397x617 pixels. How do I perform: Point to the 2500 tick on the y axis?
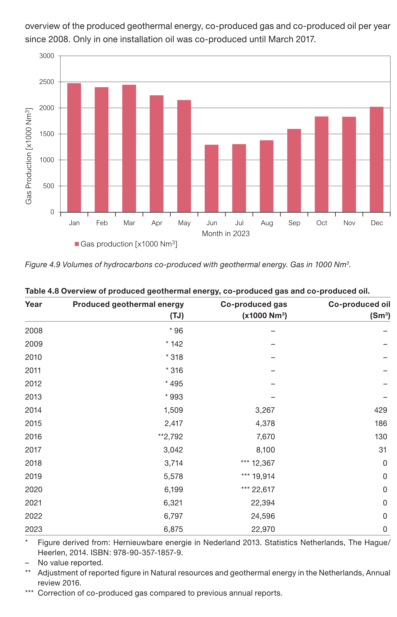click(47, 82)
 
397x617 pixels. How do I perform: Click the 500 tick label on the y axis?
click(48, 186)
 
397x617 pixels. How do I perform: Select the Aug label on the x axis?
click(267, 223)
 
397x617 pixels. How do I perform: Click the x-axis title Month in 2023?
click(226, 234)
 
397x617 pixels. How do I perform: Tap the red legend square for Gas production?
click(77, 244)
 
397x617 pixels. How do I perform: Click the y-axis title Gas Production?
click(29, 156)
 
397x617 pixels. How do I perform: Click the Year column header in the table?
click(34, 304)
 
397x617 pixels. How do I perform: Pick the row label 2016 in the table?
click(33, 437)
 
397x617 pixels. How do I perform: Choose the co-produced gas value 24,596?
click(263, 516)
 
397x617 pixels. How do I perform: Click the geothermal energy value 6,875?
click(173, 529)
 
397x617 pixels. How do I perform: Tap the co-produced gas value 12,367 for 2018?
click(263, 463)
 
